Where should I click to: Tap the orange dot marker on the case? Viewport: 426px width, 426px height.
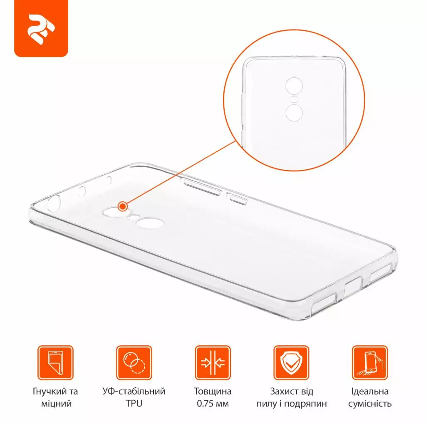pos(122,206)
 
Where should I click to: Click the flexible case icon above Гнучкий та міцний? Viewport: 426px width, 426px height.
pos(55,363)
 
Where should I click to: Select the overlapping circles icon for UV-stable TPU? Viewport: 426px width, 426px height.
pos(134,363)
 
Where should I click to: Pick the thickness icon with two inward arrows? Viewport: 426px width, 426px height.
pos(213,363)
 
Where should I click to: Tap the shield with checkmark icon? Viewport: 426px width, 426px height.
pos(291,363)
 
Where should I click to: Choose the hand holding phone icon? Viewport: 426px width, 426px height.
pos(370,363)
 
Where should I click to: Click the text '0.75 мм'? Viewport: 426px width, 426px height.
pos(213,404)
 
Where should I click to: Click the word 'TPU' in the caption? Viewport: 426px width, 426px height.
pos(134,404)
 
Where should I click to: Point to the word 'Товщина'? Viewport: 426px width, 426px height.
pos(213,391)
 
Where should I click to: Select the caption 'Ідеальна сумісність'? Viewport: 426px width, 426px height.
pos(370,397)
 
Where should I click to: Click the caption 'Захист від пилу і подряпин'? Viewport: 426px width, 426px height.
pos(291,397)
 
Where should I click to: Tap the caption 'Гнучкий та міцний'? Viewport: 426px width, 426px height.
pos(55,397)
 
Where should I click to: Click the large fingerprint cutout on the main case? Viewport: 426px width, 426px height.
pos(149,223)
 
